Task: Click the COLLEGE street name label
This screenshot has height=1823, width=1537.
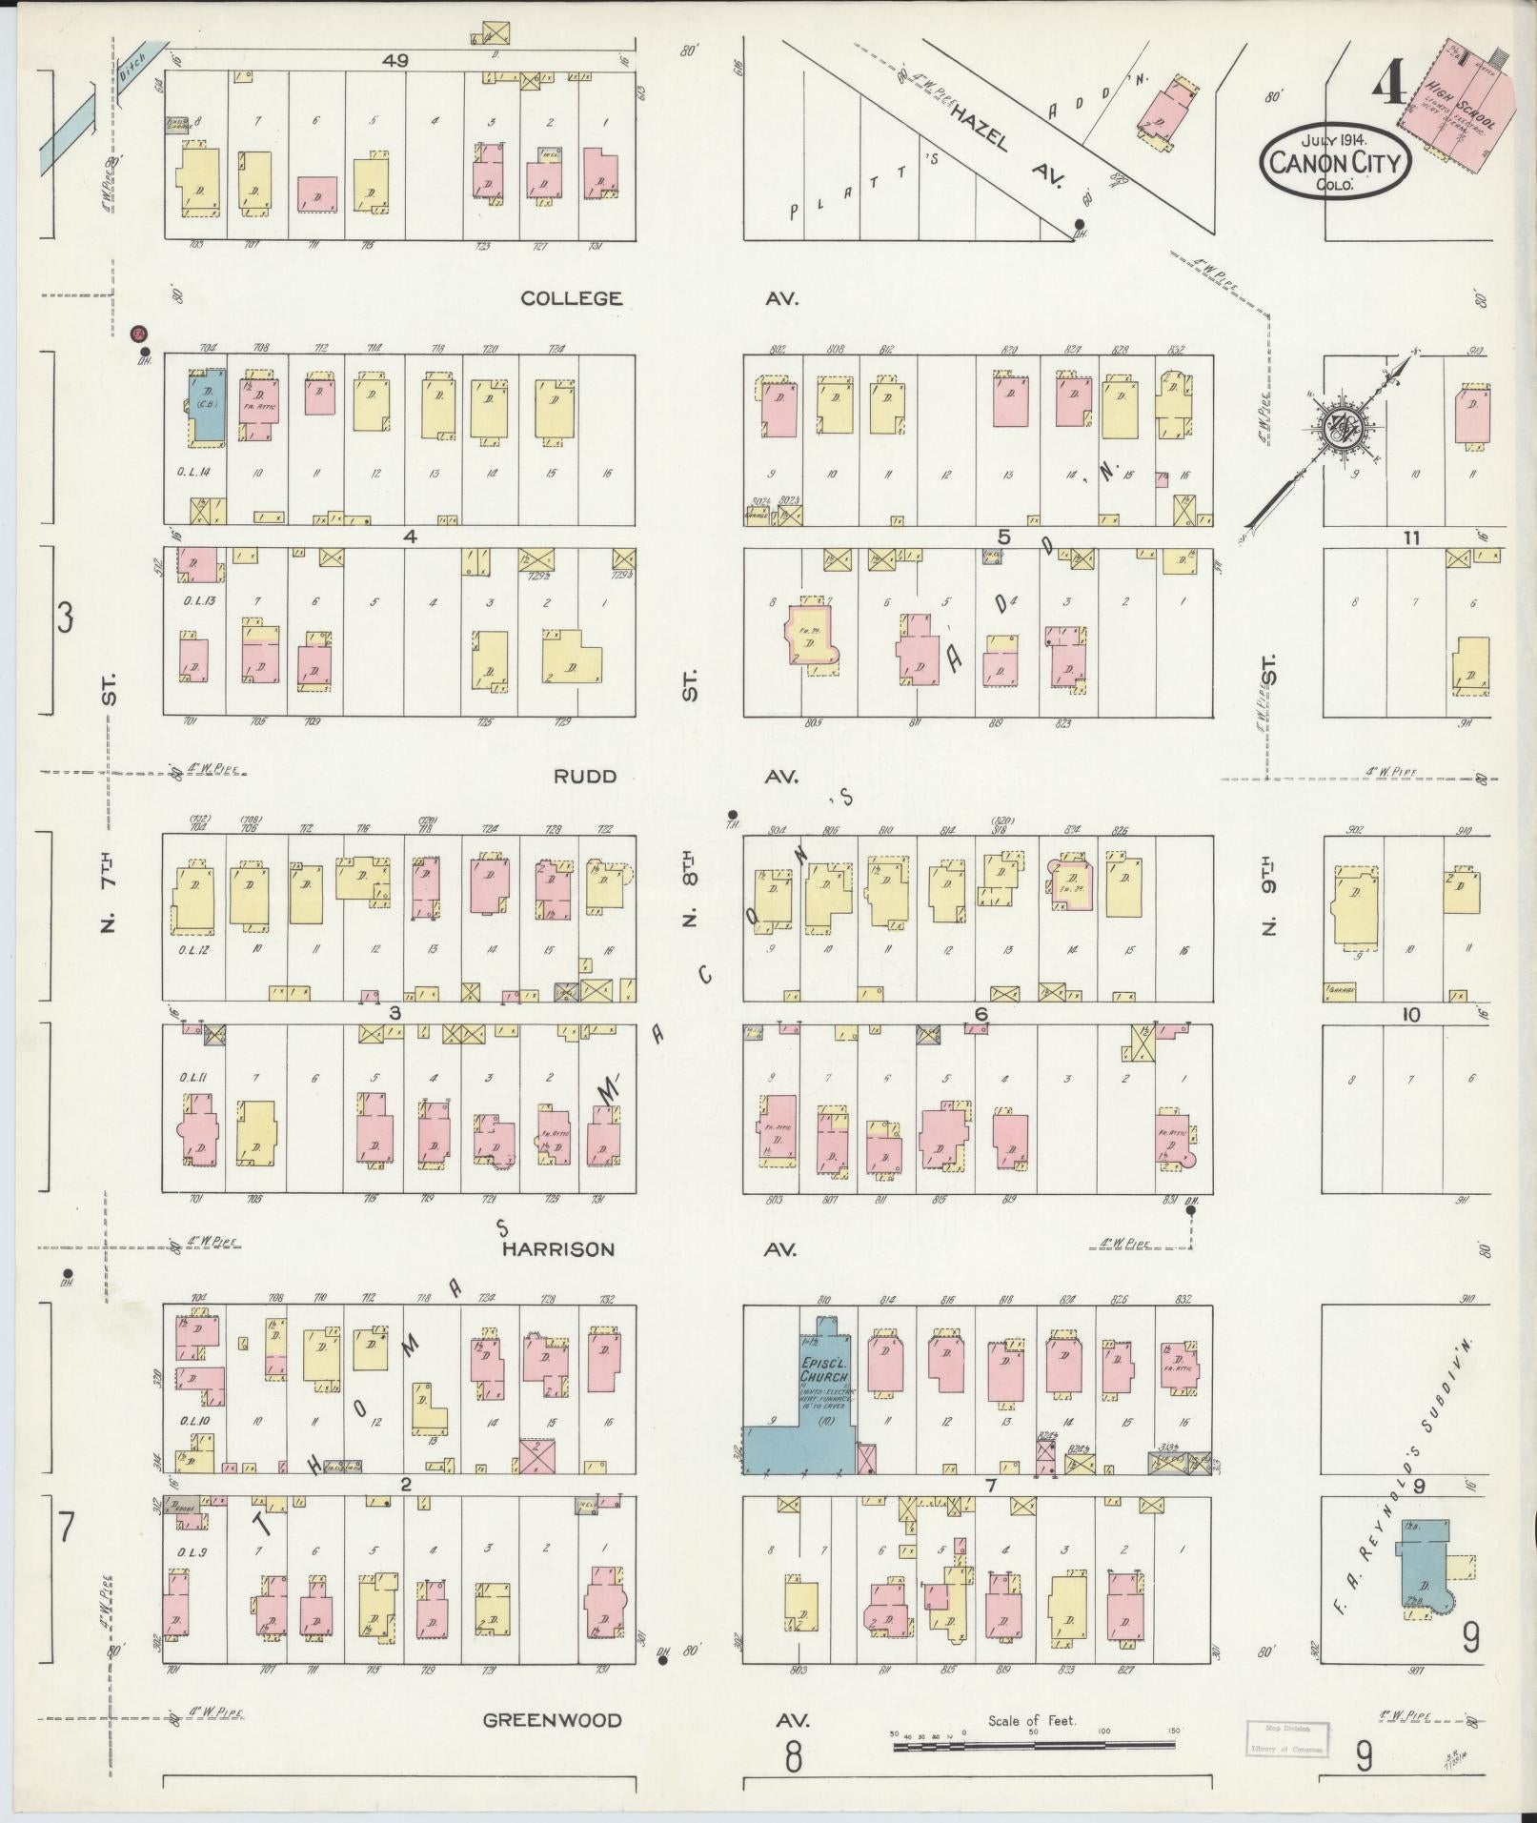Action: coord(572,298)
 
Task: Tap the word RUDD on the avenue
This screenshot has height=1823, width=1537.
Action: coord(585,777)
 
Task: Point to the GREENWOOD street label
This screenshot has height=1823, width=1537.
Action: coord(552,1720)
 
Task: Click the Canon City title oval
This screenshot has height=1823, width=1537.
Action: coord(1336,163)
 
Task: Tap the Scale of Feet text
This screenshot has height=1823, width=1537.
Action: coord(1032,1720)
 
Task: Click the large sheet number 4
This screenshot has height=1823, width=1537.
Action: coord(1390,90)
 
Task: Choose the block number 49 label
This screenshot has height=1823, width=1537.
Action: coord(396,60)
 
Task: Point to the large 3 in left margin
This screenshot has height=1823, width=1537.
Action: coord(65,619)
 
